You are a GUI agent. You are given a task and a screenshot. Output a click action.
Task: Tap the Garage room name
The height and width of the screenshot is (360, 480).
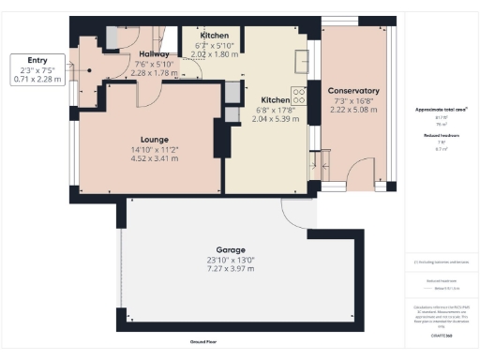click(231, 250)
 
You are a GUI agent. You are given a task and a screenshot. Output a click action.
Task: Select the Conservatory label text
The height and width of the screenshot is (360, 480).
click(353, 91)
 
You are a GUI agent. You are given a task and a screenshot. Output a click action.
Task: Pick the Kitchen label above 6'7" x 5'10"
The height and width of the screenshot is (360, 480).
click(201, 36)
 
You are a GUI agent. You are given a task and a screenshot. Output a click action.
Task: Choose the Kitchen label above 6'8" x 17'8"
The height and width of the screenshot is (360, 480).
click(275, 99)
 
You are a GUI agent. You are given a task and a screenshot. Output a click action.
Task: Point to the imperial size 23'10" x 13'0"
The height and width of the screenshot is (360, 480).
click(231, 259)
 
